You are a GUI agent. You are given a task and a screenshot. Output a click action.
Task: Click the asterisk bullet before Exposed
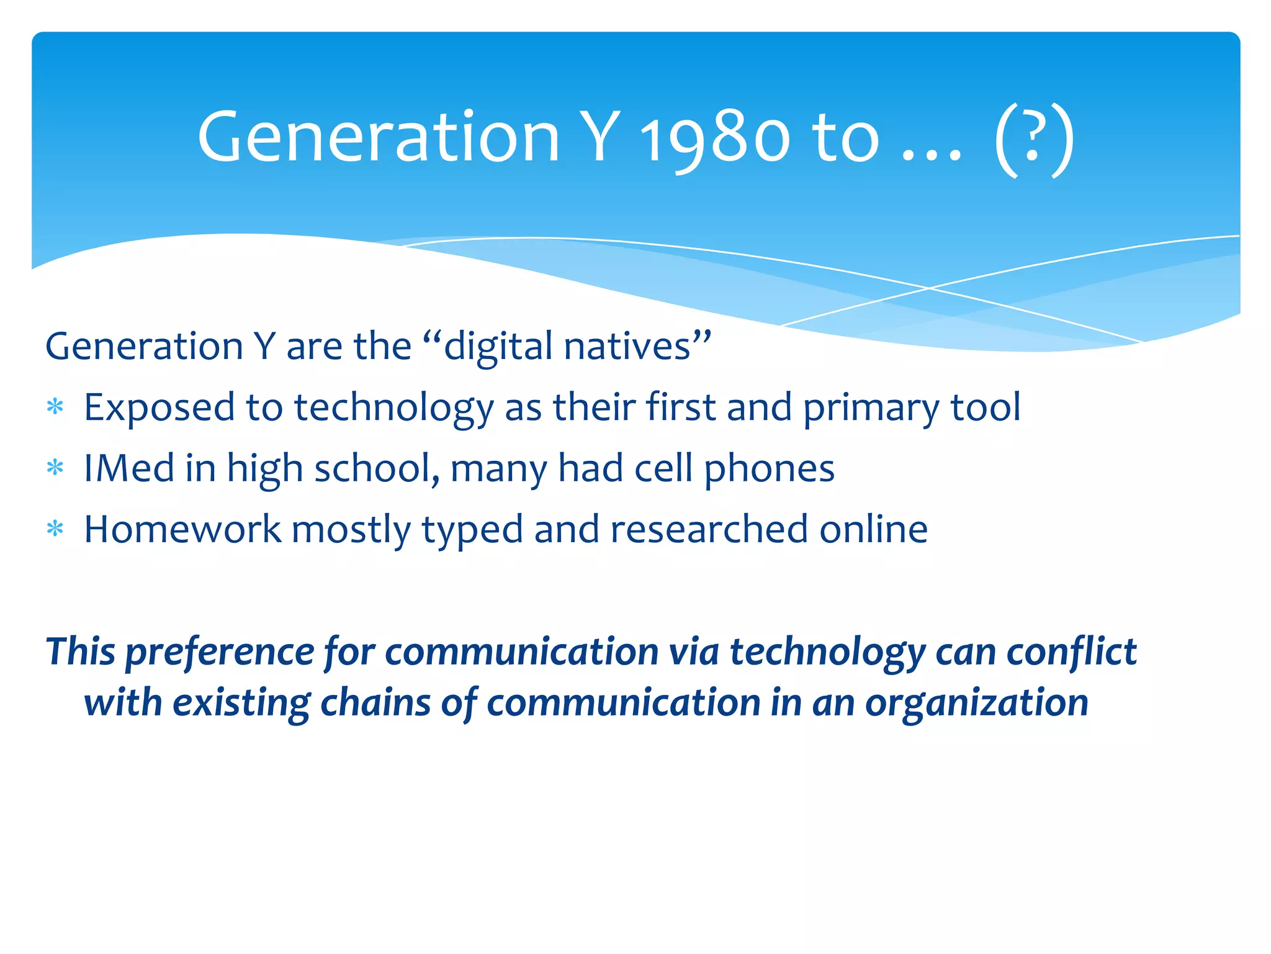point(55,407)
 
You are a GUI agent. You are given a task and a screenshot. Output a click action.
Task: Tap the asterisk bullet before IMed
point(55,468)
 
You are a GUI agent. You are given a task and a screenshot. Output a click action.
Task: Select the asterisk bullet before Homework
point(55,529)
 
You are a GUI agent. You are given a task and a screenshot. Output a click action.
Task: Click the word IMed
point(129,468)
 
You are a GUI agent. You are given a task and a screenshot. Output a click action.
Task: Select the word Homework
point(182,529)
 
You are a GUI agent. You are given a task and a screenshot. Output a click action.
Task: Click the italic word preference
point(220,652)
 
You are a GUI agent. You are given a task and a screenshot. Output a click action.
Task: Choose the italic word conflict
point(1071,652)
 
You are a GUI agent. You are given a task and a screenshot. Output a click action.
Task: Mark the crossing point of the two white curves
point(928,288)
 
